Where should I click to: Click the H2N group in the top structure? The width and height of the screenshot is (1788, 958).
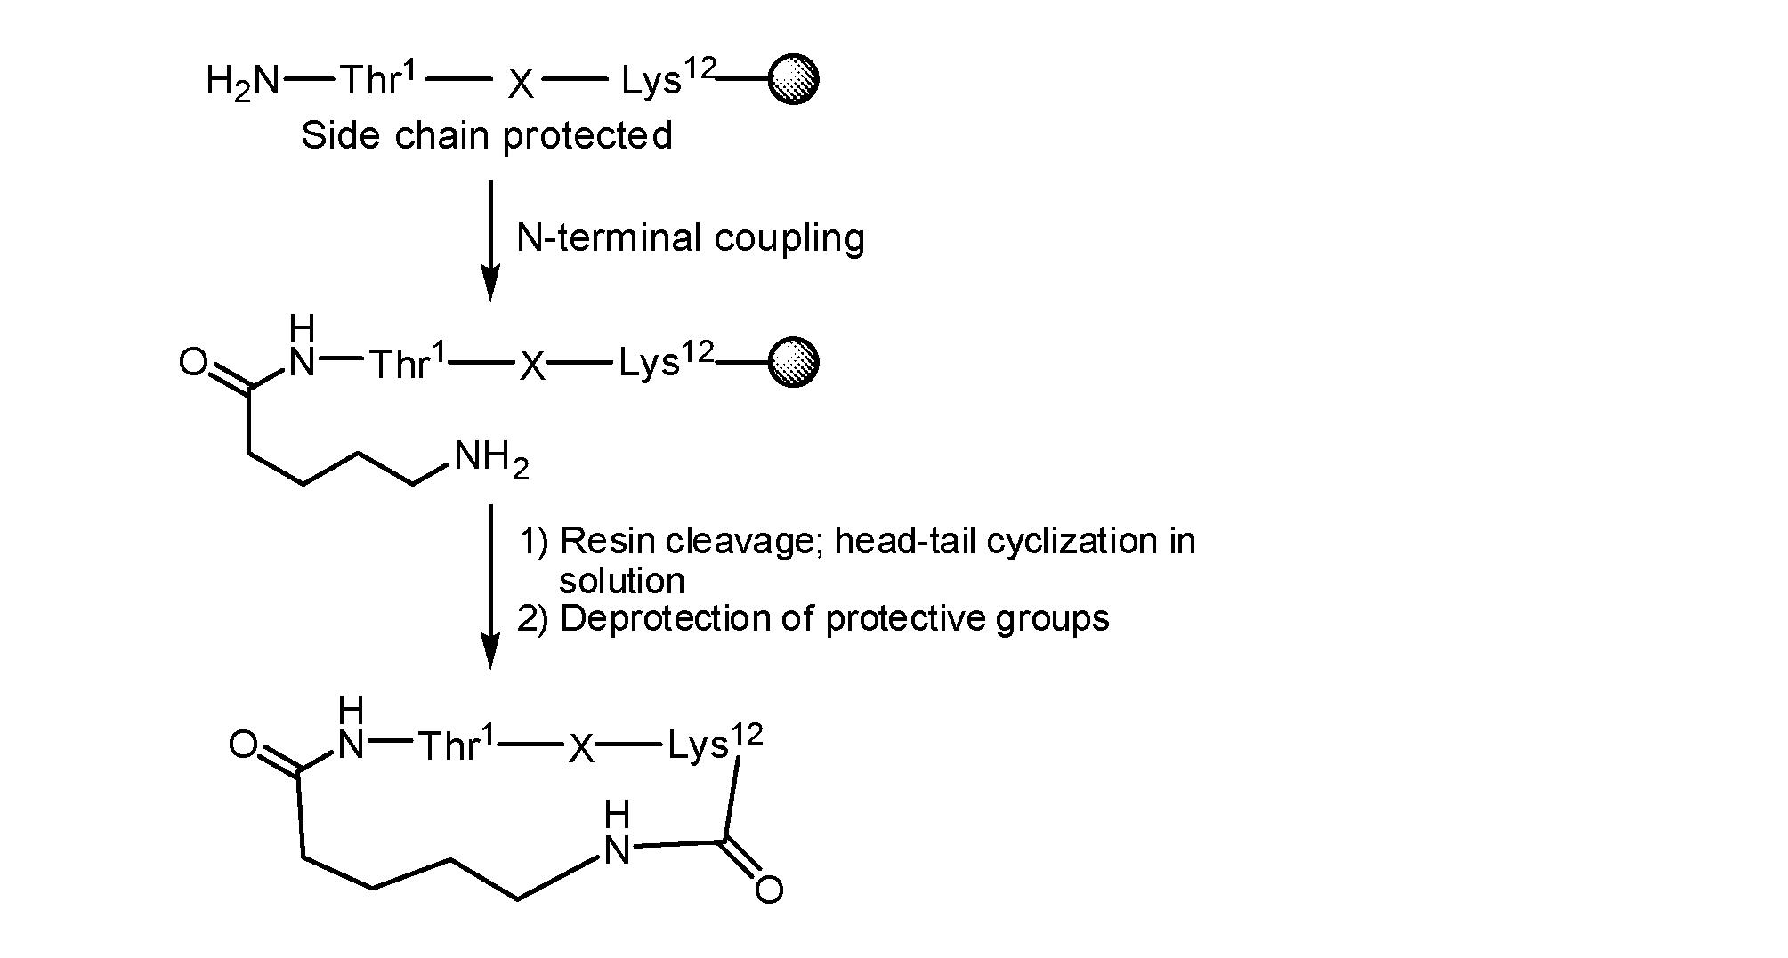[x=242, y=83]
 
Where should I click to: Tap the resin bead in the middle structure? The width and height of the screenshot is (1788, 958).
[x=792, y=363]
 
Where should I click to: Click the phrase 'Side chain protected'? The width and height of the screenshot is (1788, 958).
[x=486, y=136]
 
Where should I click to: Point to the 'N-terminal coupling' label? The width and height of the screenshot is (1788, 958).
[x=691, y=238]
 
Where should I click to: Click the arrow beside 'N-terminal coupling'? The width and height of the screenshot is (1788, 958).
[x=490, y=241]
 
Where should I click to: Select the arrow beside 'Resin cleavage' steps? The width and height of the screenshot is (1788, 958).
[x=490, y=586]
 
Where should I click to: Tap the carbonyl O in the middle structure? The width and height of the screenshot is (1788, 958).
[x=193, y=363]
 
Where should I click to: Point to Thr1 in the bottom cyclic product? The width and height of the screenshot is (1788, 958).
[x=457, y=744]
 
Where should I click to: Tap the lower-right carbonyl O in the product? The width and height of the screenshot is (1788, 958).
[x=769, y=890]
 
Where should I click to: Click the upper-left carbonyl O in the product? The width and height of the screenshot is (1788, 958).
[x=243, y=745]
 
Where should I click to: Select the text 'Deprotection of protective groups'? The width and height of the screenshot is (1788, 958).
[x=835, y=618]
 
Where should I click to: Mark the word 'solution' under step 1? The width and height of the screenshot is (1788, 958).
[x=621, y=581]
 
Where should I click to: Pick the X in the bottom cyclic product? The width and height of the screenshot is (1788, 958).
[x=581, y=750]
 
